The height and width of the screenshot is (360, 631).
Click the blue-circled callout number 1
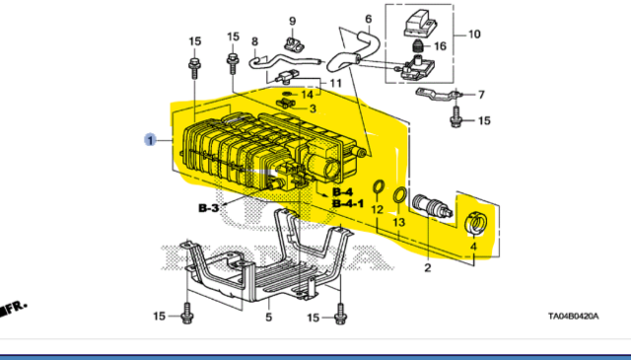[151, 140]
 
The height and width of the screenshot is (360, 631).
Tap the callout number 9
[293, 21]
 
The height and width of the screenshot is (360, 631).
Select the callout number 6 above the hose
[369, 19]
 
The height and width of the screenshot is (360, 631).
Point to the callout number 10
[474, 35]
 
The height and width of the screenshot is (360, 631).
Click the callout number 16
[441, 46]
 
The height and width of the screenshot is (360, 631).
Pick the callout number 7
[481, 95]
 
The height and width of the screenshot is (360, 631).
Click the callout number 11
[335, 84]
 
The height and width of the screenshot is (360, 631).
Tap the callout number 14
[307, 95]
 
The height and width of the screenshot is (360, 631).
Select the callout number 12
[377, 209]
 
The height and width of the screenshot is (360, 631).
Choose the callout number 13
[398, 222]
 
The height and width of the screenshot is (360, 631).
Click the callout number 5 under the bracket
[269, 317]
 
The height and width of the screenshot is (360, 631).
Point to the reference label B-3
[208, 208]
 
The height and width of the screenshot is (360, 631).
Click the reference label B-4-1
[348, 204]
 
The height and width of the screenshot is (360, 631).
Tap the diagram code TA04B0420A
[574, 316]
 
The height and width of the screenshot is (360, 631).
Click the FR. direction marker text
[17, 308]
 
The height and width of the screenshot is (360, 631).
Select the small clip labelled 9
[293, 43]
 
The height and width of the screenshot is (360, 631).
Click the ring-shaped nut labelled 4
[476, 224]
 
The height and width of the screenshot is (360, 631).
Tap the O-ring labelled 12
[378, 186]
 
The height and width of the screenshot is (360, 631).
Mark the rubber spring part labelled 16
[418, 47]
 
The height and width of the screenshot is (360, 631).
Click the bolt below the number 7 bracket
[456, 116]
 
